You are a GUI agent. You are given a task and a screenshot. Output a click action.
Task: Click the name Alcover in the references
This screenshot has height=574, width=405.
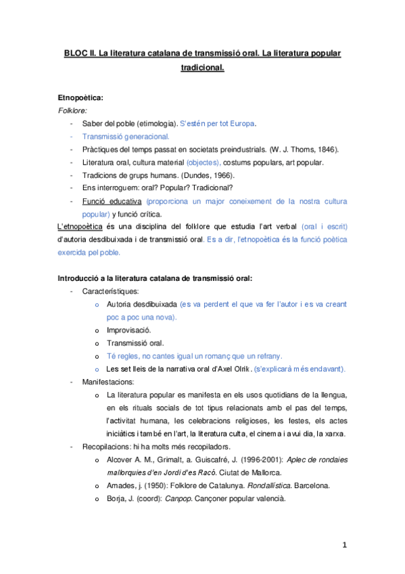(x=120, y=459)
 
